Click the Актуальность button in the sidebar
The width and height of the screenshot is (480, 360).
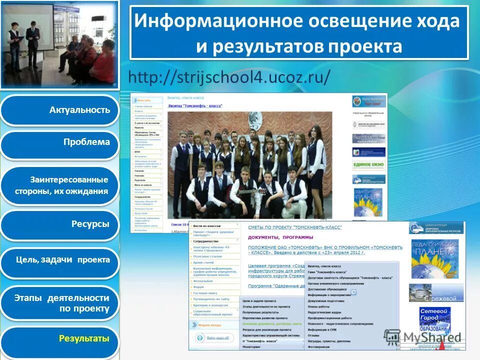pos(79,110)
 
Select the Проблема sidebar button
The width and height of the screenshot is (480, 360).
pos(86,142)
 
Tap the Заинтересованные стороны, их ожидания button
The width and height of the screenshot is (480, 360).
pos(69,185)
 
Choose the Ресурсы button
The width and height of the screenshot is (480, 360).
pos(90,224)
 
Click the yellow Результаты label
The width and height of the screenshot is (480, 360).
pos(84,339)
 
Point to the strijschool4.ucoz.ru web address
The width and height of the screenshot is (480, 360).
pos(229,77)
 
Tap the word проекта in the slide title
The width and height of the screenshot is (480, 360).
pos(365,46)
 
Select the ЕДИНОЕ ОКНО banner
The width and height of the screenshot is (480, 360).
pos(369,165)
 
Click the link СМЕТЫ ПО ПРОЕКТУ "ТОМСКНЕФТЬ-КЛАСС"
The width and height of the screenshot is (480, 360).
pos(295,227)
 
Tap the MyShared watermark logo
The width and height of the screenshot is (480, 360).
pos(423,336)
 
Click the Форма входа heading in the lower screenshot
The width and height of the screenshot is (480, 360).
pos(209,325)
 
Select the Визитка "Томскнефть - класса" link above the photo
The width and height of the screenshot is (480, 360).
pos(194,106)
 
